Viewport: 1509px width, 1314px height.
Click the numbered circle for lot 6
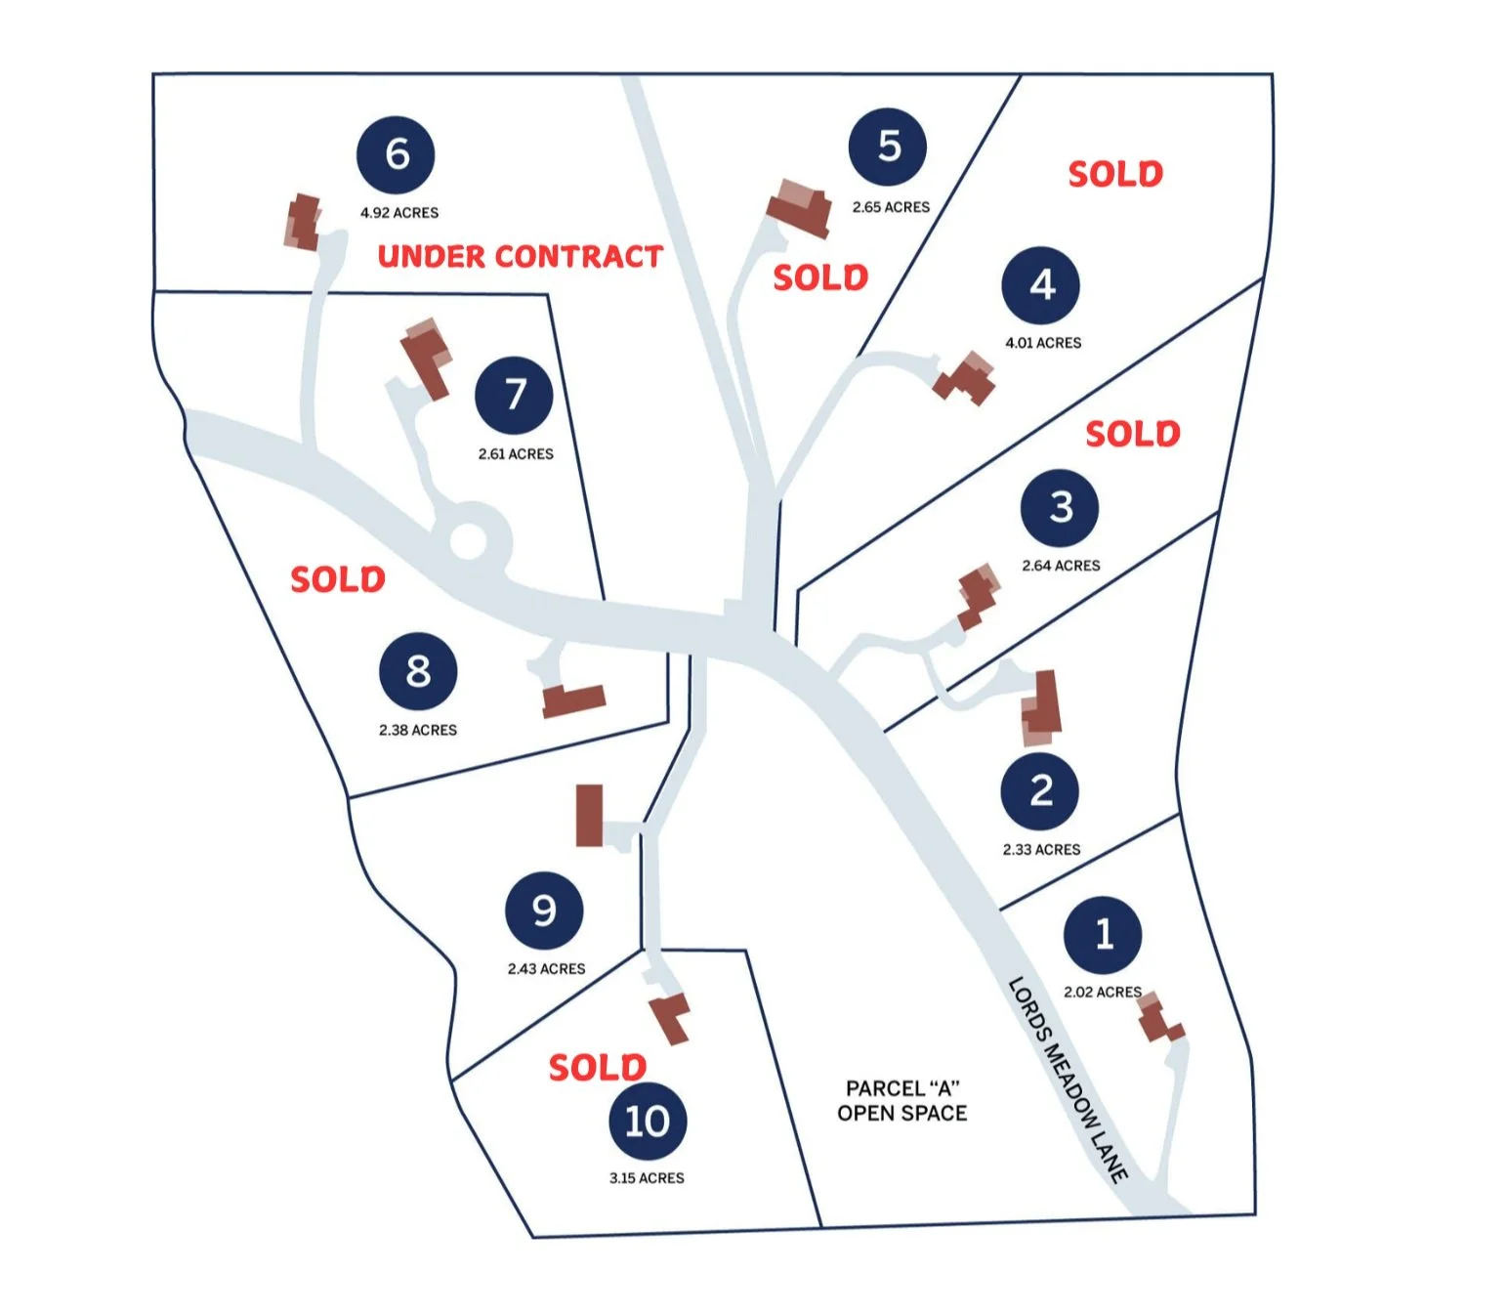click(396, 154)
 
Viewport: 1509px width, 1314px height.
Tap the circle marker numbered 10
click(648, 1121)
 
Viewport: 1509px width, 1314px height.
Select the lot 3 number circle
click(1060, 508)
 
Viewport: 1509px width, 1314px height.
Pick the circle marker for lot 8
click(418, 671)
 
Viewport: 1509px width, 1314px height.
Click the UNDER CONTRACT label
click(520, 257)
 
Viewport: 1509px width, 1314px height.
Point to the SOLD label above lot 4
click(1115, 175)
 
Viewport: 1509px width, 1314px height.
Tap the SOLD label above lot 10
click(597, 1067)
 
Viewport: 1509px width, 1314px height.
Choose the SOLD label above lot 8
click(338, 579)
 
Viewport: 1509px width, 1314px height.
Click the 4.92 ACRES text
click(398, 213)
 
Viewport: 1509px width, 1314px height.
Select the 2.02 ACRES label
click(1102, 992)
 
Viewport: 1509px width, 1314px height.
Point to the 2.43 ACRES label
click(546, 969)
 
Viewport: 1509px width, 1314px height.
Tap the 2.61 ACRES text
click(516, 454)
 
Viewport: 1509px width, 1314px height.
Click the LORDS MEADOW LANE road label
click(1068, 1080)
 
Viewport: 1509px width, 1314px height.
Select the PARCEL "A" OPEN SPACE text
click(901, 1101)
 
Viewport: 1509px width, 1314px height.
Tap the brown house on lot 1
click(1158, 1019)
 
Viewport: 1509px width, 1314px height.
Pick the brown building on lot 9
click(589, 815)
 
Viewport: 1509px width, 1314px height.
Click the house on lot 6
click(303, 222)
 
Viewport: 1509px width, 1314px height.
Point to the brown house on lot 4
click(966, 378)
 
